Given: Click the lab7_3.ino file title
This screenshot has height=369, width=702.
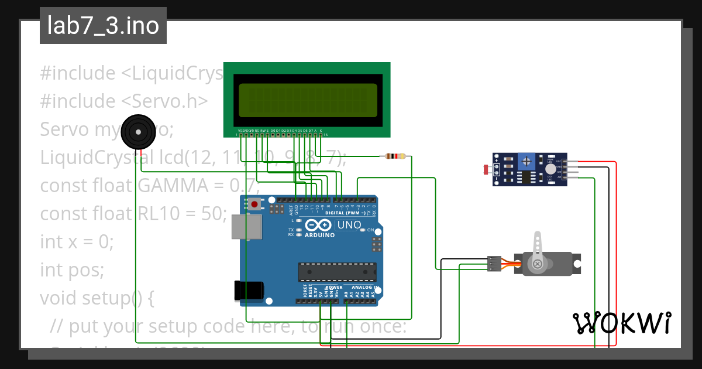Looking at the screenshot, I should [103, 26].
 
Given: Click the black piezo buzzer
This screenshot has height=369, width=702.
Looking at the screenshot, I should [139, 133].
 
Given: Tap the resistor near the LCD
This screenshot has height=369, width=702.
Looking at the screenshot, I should [395, 156].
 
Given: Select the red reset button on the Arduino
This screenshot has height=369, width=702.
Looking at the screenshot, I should [254, 204].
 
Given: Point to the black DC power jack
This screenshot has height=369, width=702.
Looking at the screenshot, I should [249, 291].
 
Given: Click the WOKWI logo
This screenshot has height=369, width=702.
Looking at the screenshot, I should [621, 323].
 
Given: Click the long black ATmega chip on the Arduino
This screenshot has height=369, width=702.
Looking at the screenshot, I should [337, 272].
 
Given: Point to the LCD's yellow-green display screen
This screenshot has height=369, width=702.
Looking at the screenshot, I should [308, 100].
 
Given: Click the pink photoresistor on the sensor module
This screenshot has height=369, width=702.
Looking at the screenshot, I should [487, 170].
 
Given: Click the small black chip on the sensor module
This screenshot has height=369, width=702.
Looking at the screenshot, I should [526, 177].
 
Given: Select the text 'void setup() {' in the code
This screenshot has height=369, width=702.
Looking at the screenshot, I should [97, 298].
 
